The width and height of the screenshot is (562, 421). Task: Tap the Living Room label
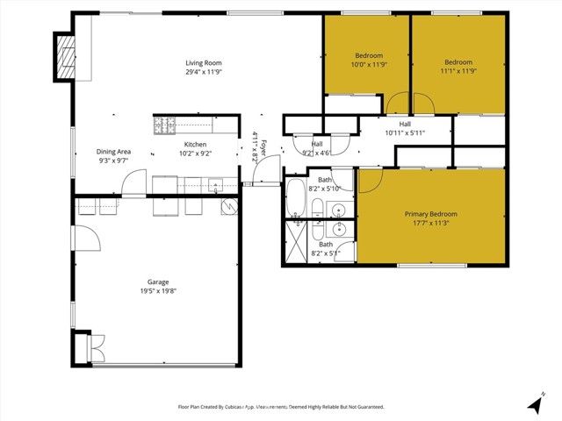pyautogui.click(x=203, y=62)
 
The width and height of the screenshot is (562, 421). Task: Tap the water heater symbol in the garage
pyautogui.click(x=228, y=206)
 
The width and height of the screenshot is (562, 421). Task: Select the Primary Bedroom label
pyautogui.click(x=430, y=214)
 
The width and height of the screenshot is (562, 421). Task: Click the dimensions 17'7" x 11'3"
pyautogui.click(x=430, y=224)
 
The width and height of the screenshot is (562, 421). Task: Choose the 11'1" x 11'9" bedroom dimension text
pyautogui.click(x=458, y=72)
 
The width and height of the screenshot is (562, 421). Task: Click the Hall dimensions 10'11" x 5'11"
pyautogui.click(x=405, y=133)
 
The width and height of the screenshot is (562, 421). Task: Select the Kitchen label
pyautogui.click(x=195, y=144)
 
